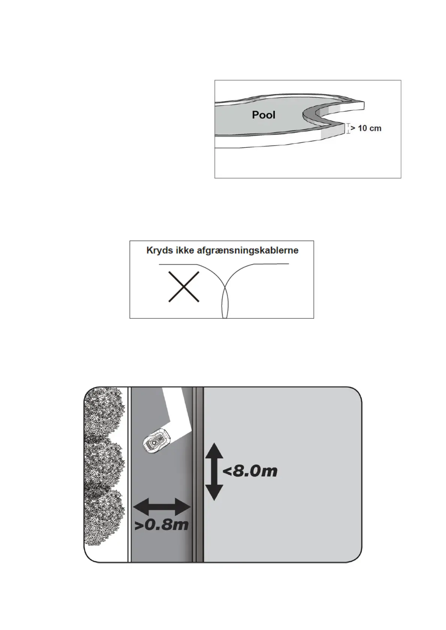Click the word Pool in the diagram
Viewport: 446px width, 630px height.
pos(264,114)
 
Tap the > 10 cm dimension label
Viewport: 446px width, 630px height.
pos(365,128)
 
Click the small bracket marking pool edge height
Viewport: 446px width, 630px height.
pos(348,128)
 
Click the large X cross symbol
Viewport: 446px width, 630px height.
pos(183,287)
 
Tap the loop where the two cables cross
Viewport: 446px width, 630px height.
pos(225,303)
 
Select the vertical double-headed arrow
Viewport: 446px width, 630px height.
pos(214,471)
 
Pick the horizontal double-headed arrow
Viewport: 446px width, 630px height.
pos(162,508)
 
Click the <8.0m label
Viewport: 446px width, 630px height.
pos(250,471)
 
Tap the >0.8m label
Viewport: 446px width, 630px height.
pos(161,525)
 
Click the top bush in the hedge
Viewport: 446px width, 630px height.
pos(104,412)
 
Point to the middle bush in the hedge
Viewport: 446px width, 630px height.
pos(104,464)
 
